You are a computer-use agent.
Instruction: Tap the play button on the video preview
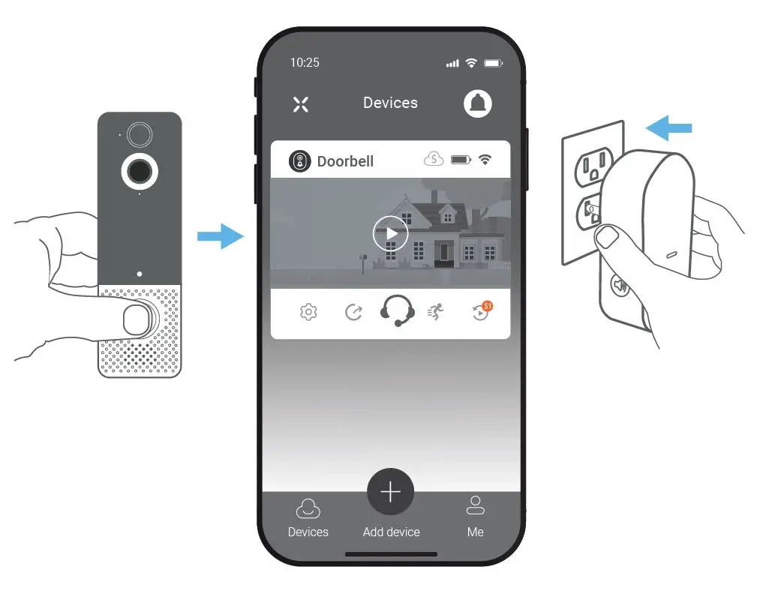[x=390, y=233]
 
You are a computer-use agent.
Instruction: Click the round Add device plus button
[x=390, y=492]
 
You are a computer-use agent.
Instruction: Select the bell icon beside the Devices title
[x=477, y=103]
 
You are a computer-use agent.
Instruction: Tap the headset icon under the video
[x=397, y=310]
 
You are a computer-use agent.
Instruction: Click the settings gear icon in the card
[x=308, y=312]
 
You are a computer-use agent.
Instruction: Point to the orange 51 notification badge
[x=488, y=306]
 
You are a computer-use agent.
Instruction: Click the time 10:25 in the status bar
[x=305, y=63]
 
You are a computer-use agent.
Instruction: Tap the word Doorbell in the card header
[x=345, y=161]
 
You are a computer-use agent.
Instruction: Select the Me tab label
[x=475, y=532]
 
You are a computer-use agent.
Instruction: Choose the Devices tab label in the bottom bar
[x=308, y=532]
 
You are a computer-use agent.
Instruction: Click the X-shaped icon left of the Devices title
[x=301, y=104]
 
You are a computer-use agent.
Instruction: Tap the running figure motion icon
[x=436, y=312]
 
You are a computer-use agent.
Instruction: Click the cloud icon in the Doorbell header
[x=434, y=159]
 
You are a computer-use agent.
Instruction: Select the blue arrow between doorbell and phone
[x=220, y=237]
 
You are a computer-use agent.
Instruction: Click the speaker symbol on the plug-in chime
[x=620, y=285]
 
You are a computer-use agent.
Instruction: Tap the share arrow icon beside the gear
[x=353, y=312]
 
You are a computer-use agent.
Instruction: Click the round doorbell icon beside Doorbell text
[x=299, y=160]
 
